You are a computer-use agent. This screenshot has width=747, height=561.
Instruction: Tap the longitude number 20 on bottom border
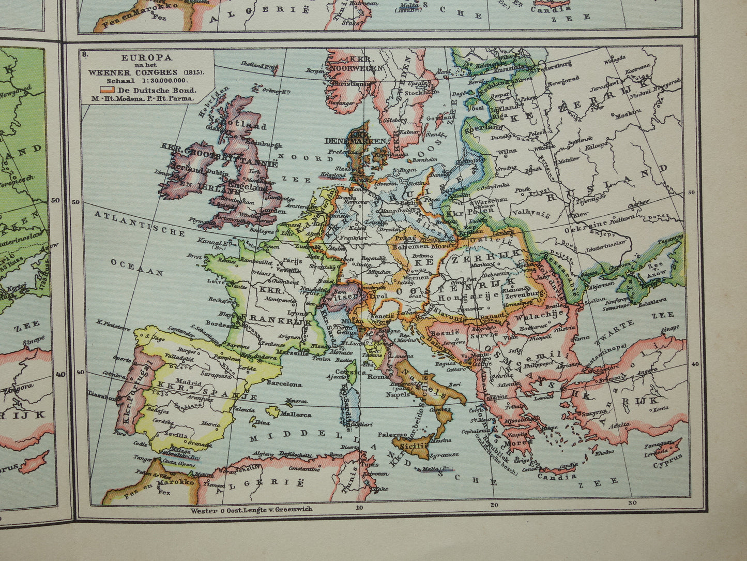[494, 505]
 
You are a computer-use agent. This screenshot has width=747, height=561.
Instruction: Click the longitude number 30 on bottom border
[631, 502]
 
